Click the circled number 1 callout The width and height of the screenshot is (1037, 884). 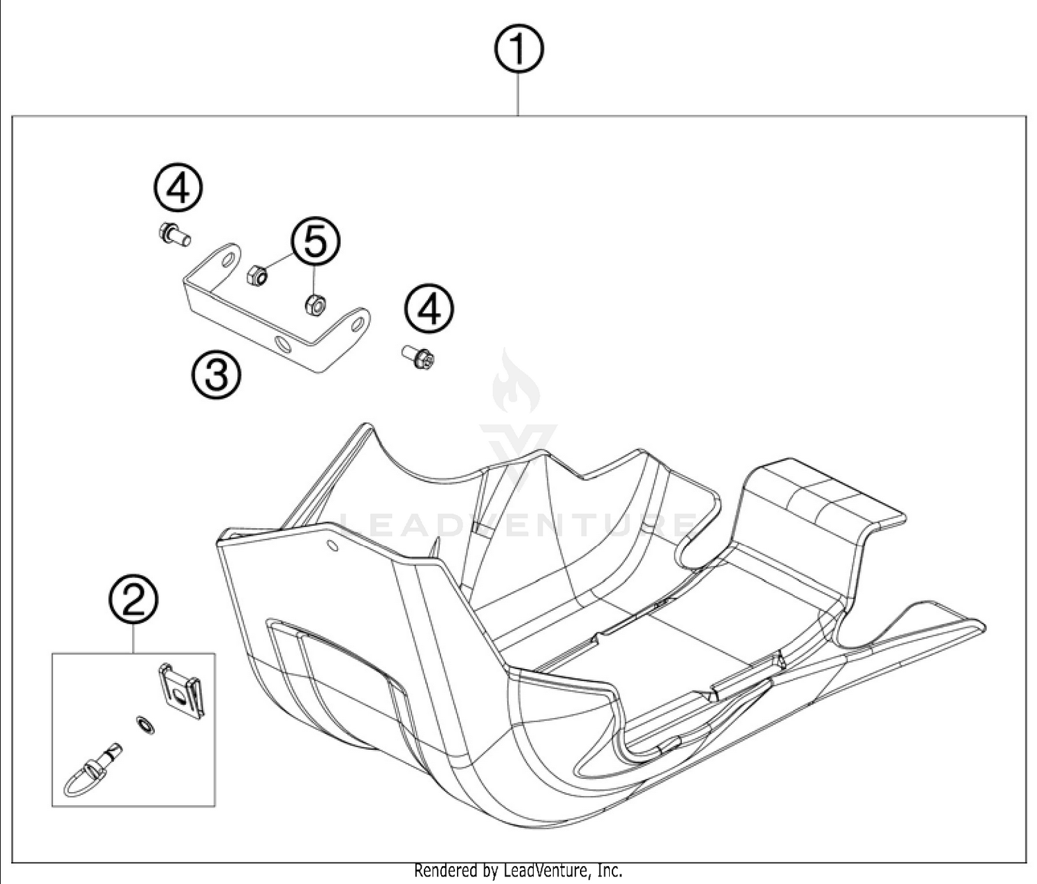518,50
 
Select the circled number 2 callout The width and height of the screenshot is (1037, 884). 133,601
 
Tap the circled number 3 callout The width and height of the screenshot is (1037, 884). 216,374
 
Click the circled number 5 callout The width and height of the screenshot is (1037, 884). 315,243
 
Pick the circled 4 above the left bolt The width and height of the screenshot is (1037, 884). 178,189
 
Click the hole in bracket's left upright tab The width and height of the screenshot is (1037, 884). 227,262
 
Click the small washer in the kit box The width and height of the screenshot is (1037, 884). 144,726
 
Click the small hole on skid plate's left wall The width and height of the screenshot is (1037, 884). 333,547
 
